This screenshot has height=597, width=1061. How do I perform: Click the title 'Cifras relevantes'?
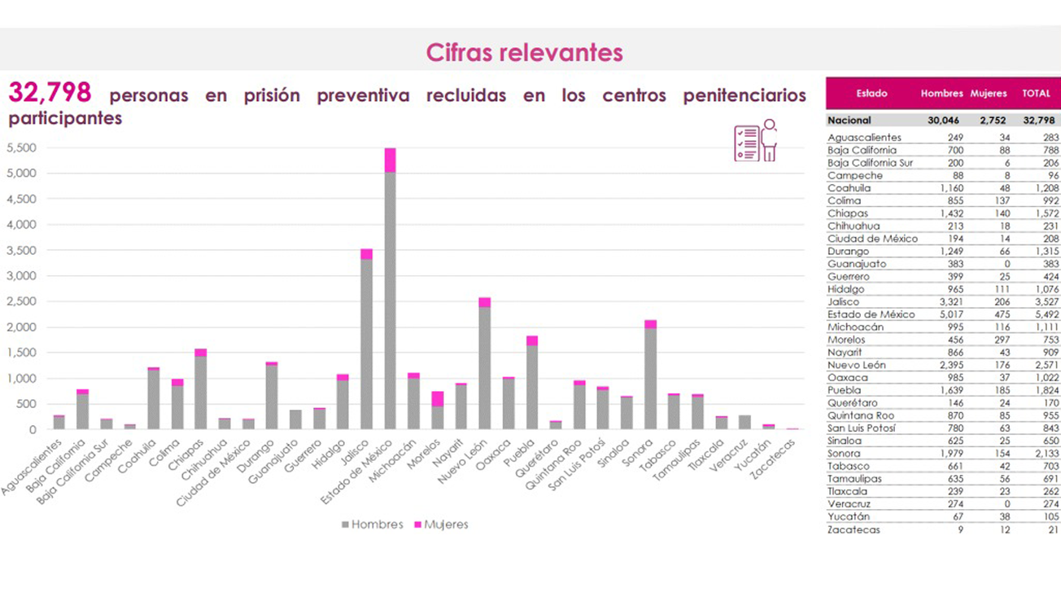point(524,53)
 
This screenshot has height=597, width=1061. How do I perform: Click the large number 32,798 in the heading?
point(50,93)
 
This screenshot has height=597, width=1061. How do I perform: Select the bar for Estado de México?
point(391,293)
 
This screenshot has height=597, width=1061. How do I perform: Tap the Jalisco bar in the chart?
point(366,342)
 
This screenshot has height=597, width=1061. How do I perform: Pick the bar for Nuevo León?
point(484,367)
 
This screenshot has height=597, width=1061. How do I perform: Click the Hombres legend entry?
point(372,525)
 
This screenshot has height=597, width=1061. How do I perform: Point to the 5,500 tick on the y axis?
point(21,148)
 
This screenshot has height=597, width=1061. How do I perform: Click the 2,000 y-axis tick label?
point(21,327)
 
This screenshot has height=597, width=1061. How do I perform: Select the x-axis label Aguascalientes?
point(33,468)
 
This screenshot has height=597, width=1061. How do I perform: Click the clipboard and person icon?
point(755,140)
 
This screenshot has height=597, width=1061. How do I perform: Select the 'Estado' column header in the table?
point(871,94)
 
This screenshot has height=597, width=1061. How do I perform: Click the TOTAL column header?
point(1036,94)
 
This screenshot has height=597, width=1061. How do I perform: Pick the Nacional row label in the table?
point(849,121)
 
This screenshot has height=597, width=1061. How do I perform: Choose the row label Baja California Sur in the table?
point(870,163)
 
